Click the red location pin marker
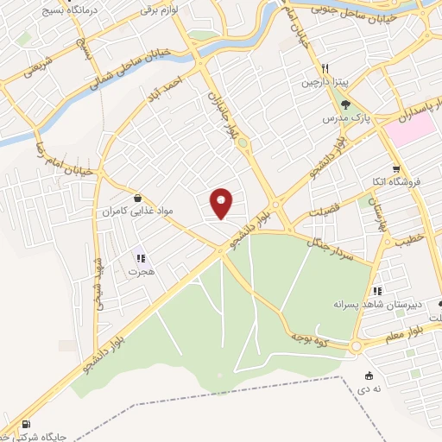(222, 203)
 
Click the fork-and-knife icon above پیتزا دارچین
(325, 68)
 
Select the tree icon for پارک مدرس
(345, 104)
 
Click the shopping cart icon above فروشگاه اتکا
(395, 169)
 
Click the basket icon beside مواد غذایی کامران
(138, 198)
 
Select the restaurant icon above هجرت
(140, 258)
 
